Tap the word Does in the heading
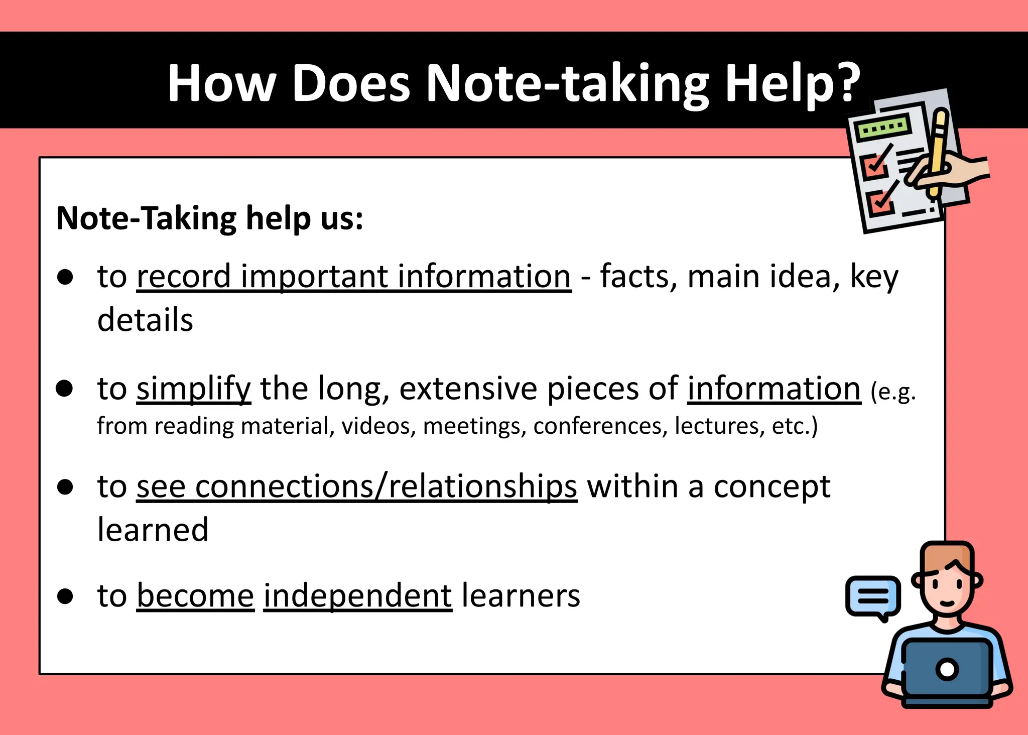tap(351, 83)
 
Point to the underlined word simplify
tap(193, 389)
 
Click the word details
tap(145, 320)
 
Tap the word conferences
tap(600, 426)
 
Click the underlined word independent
tap(357, 595)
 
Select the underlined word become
tap(195, 595)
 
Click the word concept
tap(772, 487)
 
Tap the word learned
tap(153, 530)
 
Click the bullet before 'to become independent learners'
tap(65, 596)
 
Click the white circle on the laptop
tap(947, 669)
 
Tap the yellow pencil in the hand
tap(937, 151)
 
